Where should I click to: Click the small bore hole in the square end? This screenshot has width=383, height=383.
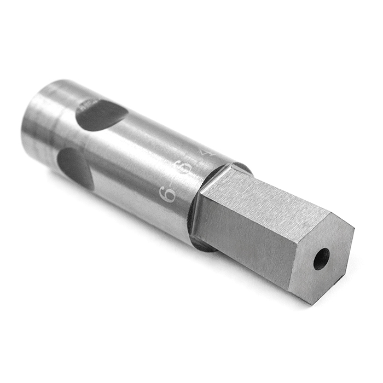point(321,259)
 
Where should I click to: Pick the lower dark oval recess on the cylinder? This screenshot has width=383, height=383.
point(76,166)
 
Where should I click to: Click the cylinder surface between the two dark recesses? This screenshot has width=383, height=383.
point(88,140)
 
